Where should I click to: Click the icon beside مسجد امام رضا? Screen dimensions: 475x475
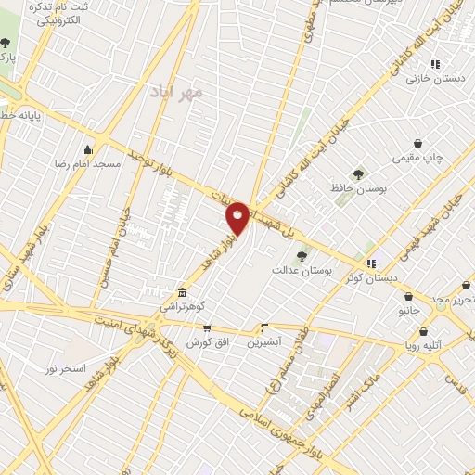[x=88, y=149]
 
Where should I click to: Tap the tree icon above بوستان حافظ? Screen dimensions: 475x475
[x=359, y=174]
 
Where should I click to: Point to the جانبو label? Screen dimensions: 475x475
[x=409, y=310]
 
